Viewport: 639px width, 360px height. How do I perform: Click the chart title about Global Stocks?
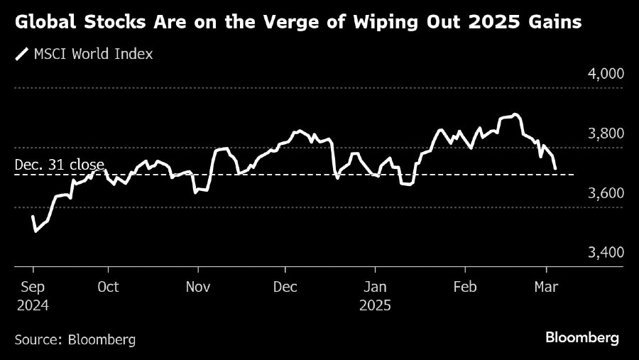click(297, 23)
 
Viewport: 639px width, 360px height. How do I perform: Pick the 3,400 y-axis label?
click(603, 253)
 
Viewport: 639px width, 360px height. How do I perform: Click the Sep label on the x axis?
click(33, 287)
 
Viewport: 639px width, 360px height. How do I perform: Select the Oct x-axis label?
click(108, 287)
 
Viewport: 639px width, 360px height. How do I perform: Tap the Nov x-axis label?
click(198, 287)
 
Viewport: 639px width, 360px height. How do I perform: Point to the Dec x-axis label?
click(285, 287)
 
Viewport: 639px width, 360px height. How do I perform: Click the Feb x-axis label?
click(464, 287)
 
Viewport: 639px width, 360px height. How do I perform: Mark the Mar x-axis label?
click(545, 287)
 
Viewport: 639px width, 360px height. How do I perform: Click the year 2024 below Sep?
click(33, 306)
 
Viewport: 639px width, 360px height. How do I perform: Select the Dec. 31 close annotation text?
click(59, 165)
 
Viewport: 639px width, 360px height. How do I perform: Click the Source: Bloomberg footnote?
click(75, 339)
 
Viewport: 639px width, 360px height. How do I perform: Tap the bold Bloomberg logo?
click(582, 337)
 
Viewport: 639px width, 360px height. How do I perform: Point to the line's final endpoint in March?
click(555, 169)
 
